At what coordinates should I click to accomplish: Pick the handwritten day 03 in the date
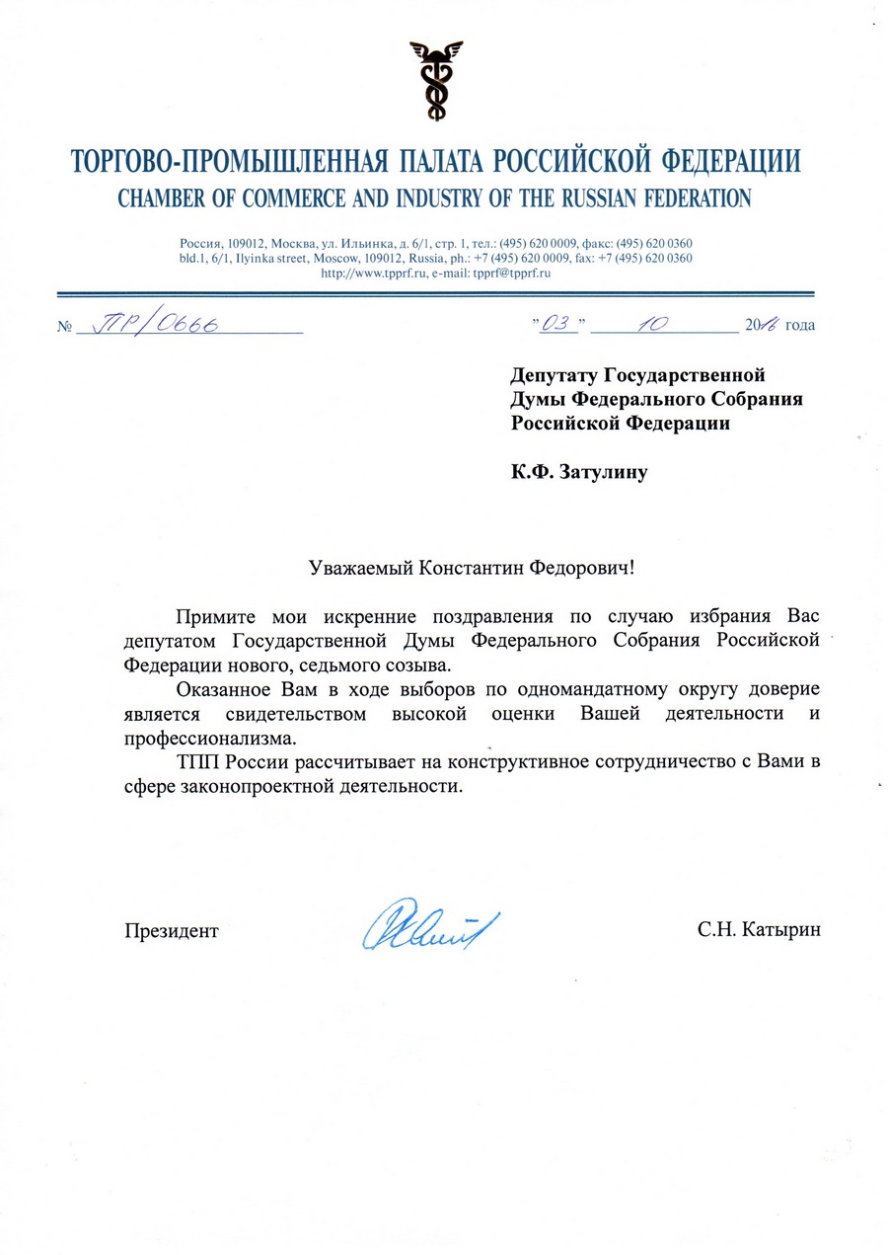(559, 322)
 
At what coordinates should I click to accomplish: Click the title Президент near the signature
(171, 930)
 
